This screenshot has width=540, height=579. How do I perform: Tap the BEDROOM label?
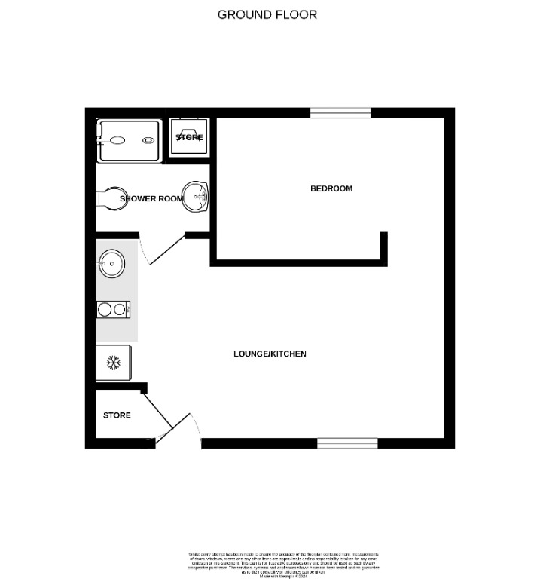tap(331, 188)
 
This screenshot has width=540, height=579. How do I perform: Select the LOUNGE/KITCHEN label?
tap(270, 354)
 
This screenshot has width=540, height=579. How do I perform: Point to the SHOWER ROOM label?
tap(150, 198)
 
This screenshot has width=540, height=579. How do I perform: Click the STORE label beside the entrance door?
tap(117, 415)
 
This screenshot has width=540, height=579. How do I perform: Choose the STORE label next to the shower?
tap(189, 138)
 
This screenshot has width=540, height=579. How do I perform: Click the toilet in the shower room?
tap(109, 198)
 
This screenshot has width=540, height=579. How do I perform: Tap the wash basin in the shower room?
tap(197, 198)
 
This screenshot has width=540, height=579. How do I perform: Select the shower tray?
tap(128, 141)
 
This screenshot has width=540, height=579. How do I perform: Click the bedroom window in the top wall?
tap(340, 113)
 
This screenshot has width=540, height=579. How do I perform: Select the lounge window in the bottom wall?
tap(346, 443)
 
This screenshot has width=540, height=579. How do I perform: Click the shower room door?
tap(167, 250)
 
